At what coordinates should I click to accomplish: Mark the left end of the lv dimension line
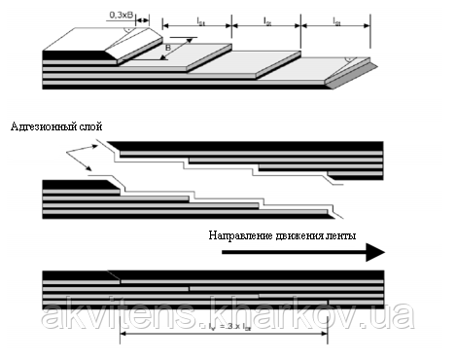coord(121,336)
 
